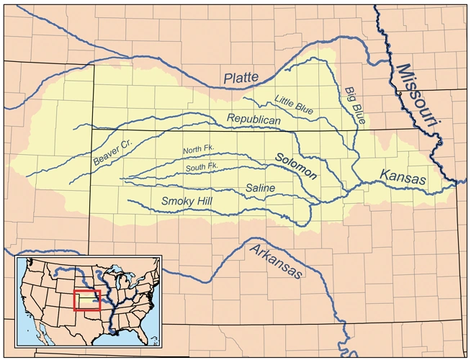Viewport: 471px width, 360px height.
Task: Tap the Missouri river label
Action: click(x=417, y=94)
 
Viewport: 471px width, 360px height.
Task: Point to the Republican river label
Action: click(x=254, y=119)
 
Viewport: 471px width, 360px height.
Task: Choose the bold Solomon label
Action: click(x=296, y=166)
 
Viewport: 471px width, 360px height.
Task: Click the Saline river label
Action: click(x=259, y=188)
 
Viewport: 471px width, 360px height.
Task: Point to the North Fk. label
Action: click(x=199, y=150)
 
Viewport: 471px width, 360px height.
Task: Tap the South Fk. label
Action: click(x=202, y=166)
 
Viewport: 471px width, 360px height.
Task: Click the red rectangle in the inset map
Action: click(x=87, y=300)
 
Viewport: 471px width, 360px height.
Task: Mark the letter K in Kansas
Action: click(x=385, y=175)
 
